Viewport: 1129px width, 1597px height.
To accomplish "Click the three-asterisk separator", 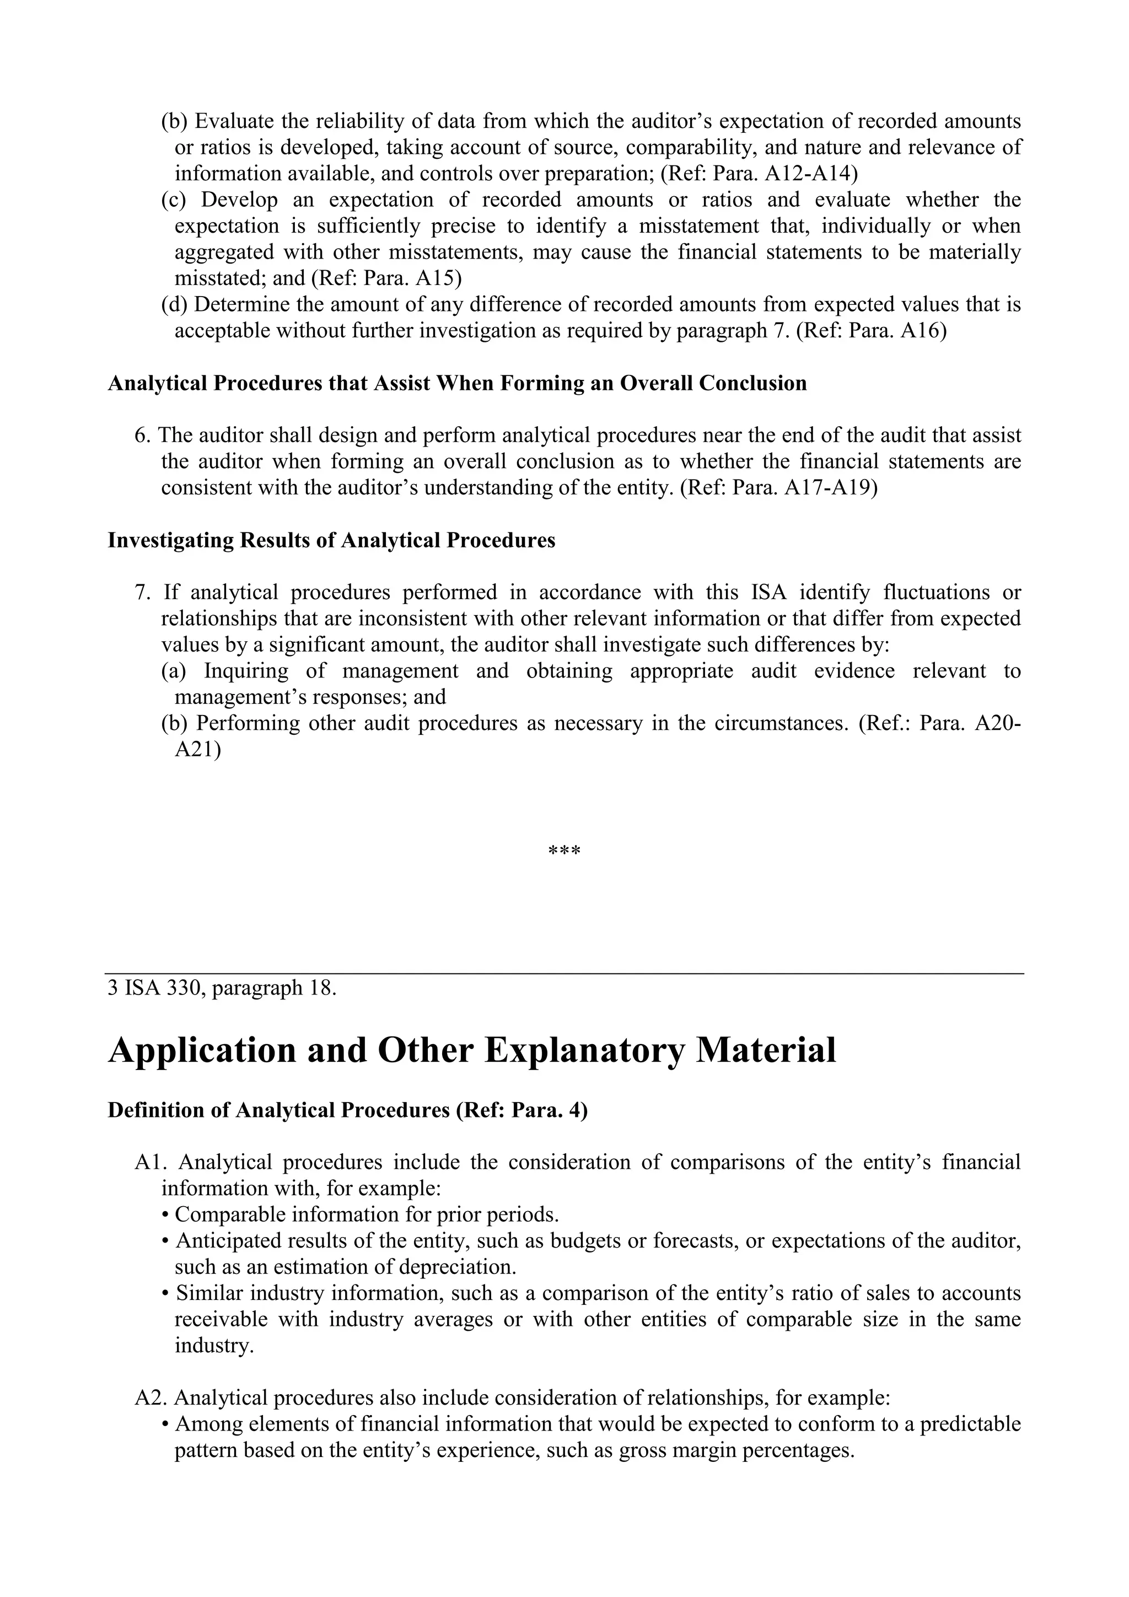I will tap(564, 851).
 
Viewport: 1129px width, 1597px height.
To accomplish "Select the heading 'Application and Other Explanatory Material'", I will tap(472, 1050).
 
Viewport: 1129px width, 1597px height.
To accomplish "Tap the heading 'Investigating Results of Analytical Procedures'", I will tap(331, 540).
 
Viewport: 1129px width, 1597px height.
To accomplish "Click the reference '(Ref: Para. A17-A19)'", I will tap(778, 487).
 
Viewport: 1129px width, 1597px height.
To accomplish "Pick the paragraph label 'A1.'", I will tap(149, 1162).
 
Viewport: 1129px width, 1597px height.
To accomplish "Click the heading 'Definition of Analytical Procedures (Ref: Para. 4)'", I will tap(347, 1110).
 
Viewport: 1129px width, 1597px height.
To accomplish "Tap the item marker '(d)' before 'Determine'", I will tap(175, 305).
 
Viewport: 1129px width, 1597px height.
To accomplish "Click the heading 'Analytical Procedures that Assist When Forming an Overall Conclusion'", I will tap(457, 383).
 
